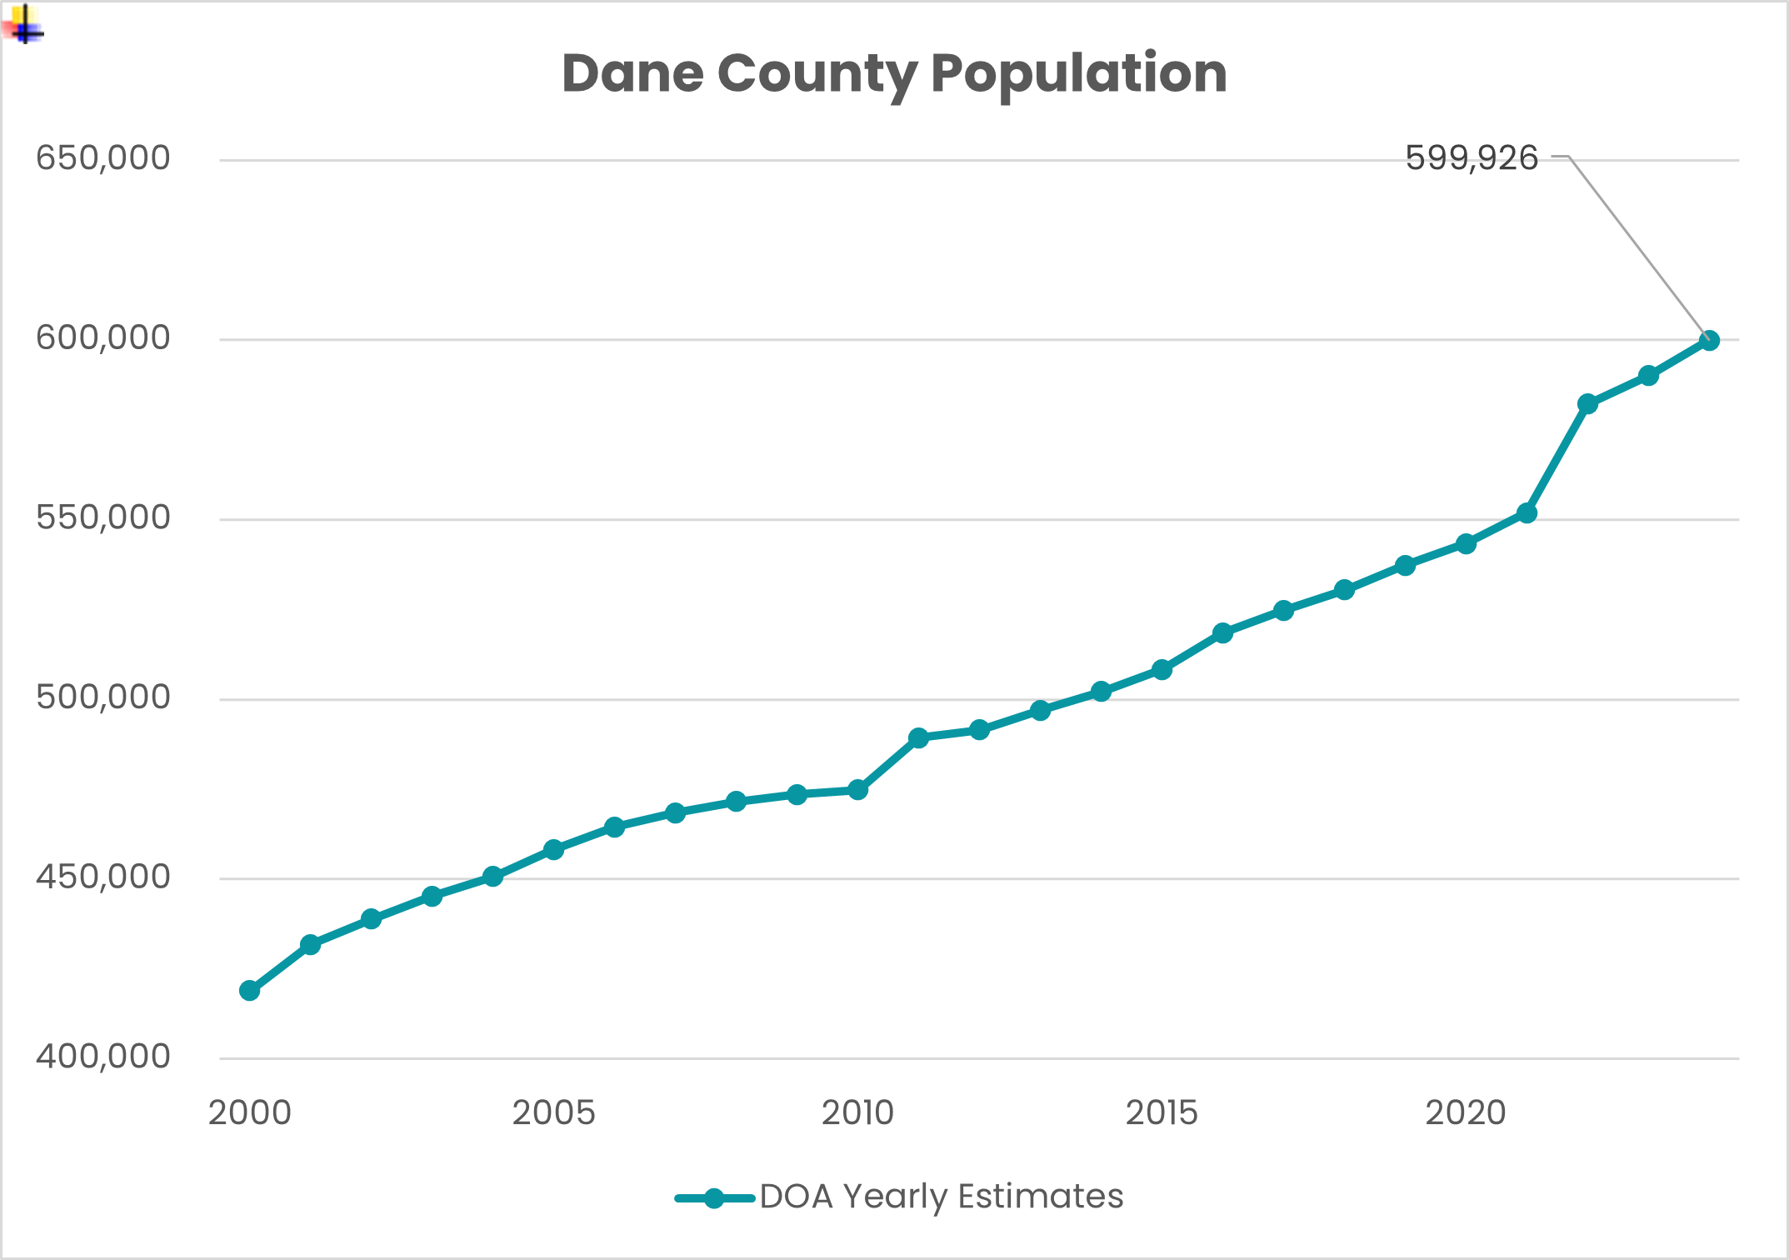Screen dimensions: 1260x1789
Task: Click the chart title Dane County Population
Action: point(894,73)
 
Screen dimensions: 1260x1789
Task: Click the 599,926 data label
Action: point(1471,157)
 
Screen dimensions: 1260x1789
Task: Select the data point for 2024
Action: point(1709,340)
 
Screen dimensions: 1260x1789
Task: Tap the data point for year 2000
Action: point(249,990)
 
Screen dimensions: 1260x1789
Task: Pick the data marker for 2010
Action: point(857,789)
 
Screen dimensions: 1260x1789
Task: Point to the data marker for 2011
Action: point(918,737)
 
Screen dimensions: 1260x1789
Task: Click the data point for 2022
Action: point(1587,403)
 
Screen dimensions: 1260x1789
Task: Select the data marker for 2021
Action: point(1527,512)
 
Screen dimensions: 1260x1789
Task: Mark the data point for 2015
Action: point(1162,669)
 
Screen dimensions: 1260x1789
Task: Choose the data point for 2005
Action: point(553,849)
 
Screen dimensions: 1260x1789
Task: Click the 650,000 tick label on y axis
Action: point(102,157)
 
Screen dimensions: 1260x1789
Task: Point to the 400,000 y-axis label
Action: point(102,1056)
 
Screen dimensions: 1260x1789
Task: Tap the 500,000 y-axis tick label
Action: point(102,697)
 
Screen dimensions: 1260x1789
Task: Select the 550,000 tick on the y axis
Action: point(102,517)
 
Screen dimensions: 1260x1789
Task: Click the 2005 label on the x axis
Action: point(553,1112)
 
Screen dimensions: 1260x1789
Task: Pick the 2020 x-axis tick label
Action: point(1466,1112)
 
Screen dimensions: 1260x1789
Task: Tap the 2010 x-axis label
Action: point(857,1112)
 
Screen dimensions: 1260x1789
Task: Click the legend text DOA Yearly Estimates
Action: point(942,1196)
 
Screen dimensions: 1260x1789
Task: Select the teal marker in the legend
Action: point(714,1198)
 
